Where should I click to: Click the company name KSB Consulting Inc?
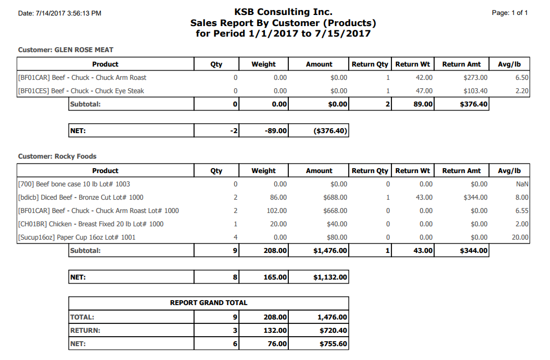tap(283, 12)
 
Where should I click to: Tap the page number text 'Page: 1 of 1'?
tap(510, 13)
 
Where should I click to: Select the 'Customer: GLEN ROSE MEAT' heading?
tap(65, 50)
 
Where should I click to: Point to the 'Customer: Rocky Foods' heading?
tap(57, 156)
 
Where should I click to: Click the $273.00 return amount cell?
tap(475, 78)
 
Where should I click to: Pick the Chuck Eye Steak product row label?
tap(81, 91)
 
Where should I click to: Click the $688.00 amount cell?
tap(336, 197)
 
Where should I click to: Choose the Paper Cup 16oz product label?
tap(77, 237)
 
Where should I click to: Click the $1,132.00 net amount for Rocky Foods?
tap(330, 277)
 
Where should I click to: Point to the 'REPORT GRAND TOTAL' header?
tap(208, 303)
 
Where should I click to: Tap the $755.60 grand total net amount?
tap(333, 344)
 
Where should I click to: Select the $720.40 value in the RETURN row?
tap(333, 331)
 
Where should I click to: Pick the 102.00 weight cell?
tap(277, 211)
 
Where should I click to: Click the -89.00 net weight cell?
tap(275, 131)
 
